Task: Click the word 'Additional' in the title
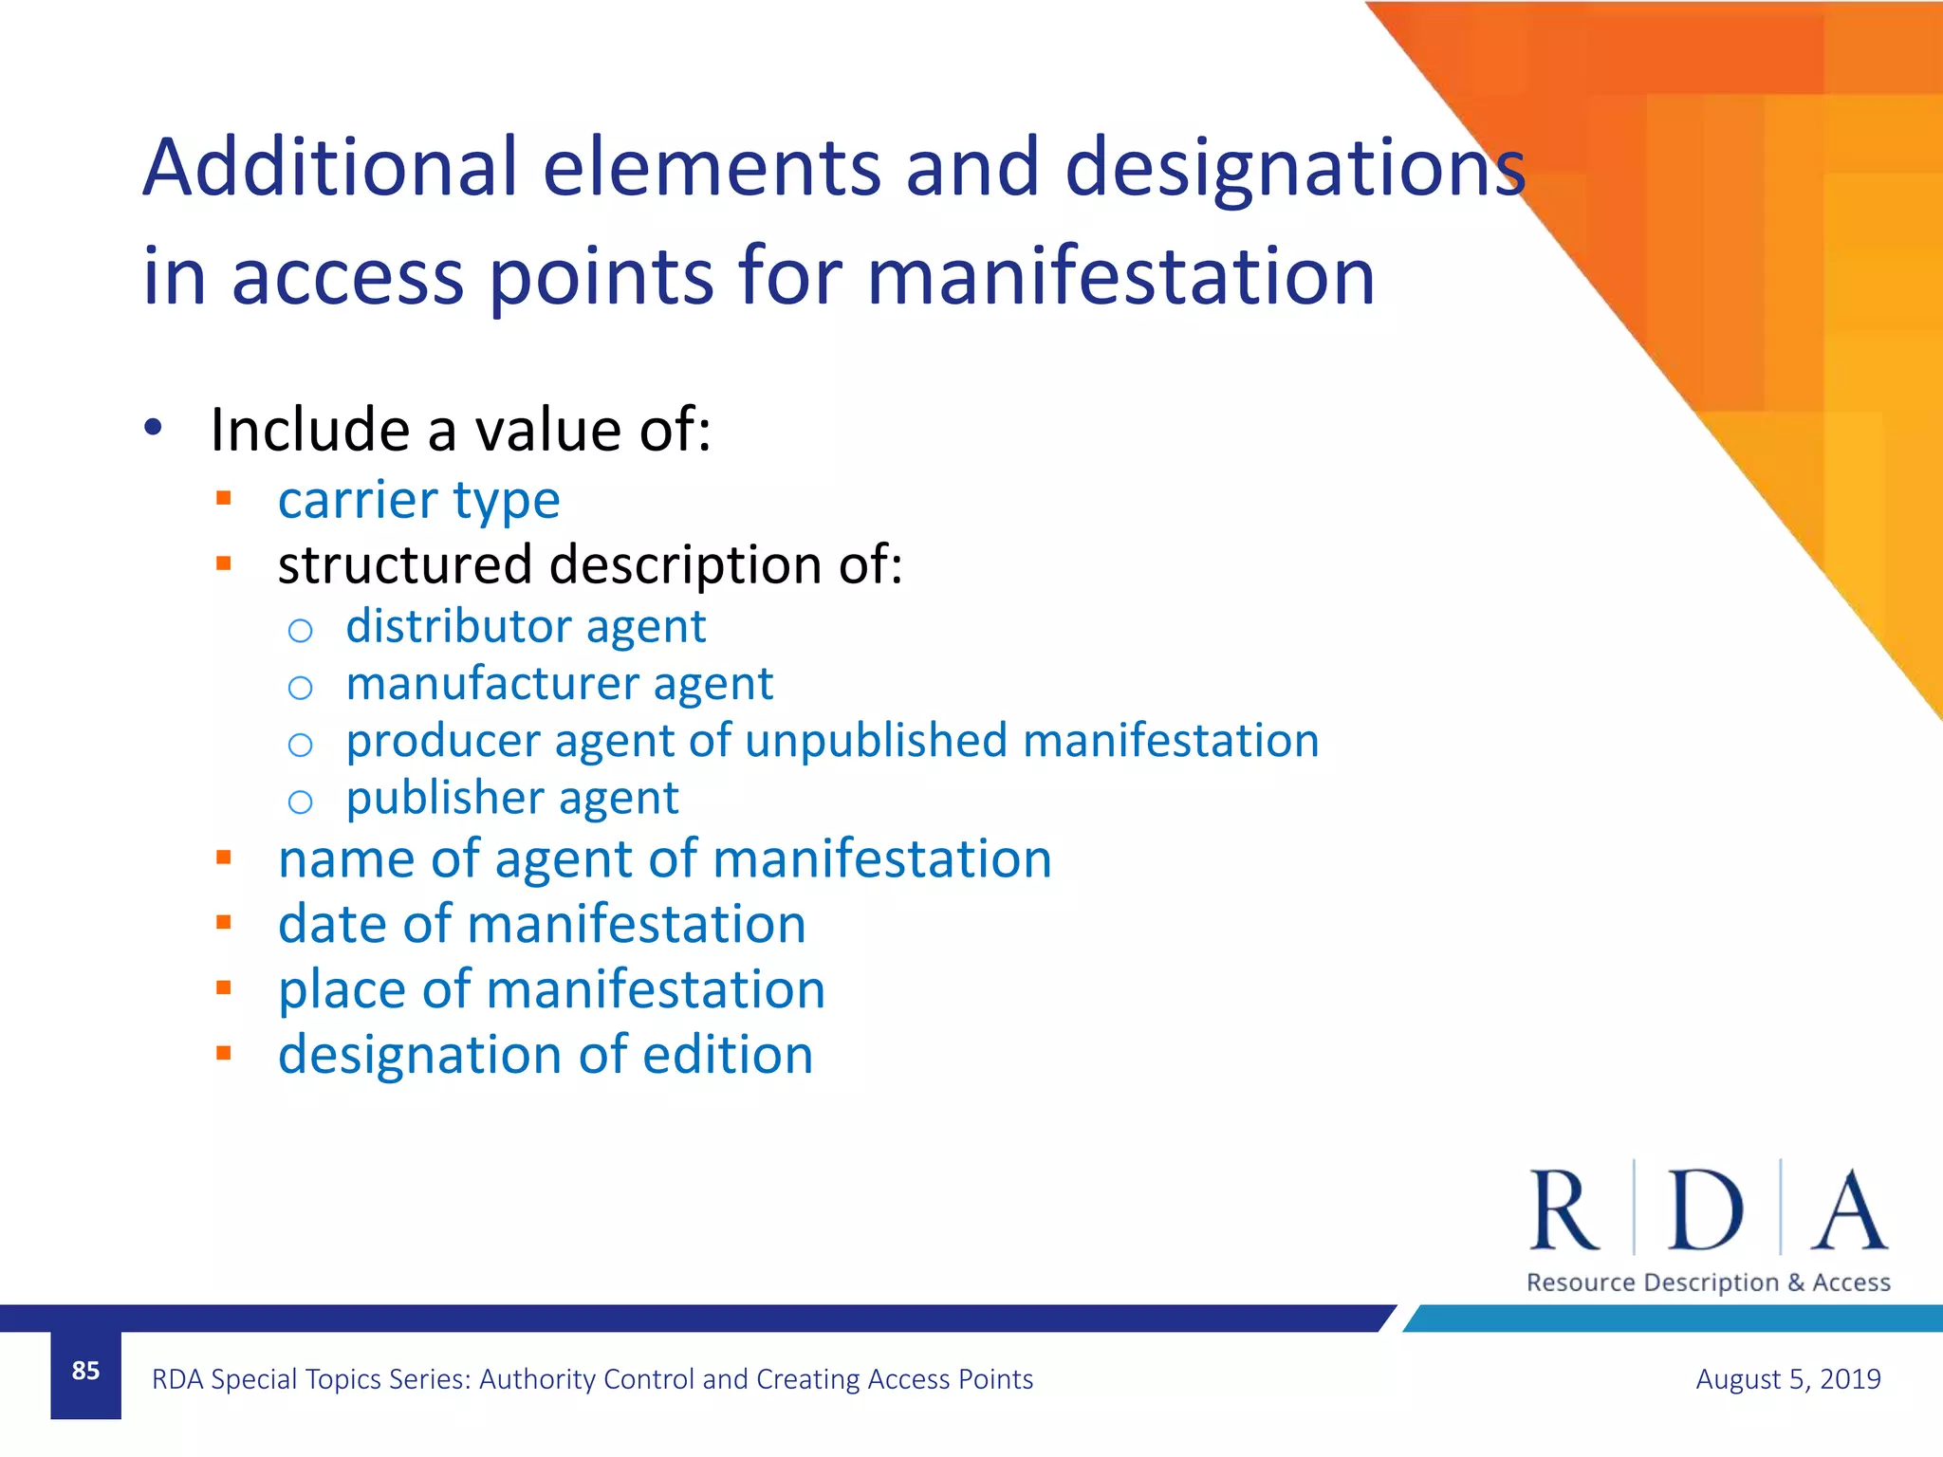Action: click(330, 167)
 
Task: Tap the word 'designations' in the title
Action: click(1294, 169)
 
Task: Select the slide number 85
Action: click(85, 1371)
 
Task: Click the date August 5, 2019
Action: click(1787, 1378)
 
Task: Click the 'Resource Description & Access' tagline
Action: click(1708, 1282)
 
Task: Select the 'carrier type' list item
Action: click(418, 500)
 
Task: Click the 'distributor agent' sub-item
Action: click(526, 627)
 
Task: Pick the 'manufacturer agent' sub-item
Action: click(559, 684)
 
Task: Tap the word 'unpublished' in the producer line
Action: click(876, 741)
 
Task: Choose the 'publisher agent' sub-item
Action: click(512, 799)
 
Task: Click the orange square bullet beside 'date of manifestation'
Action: click(224, 922)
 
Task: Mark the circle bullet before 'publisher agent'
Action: click(300, 802)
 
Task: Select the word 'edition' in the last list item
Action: click(728, 1055)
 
